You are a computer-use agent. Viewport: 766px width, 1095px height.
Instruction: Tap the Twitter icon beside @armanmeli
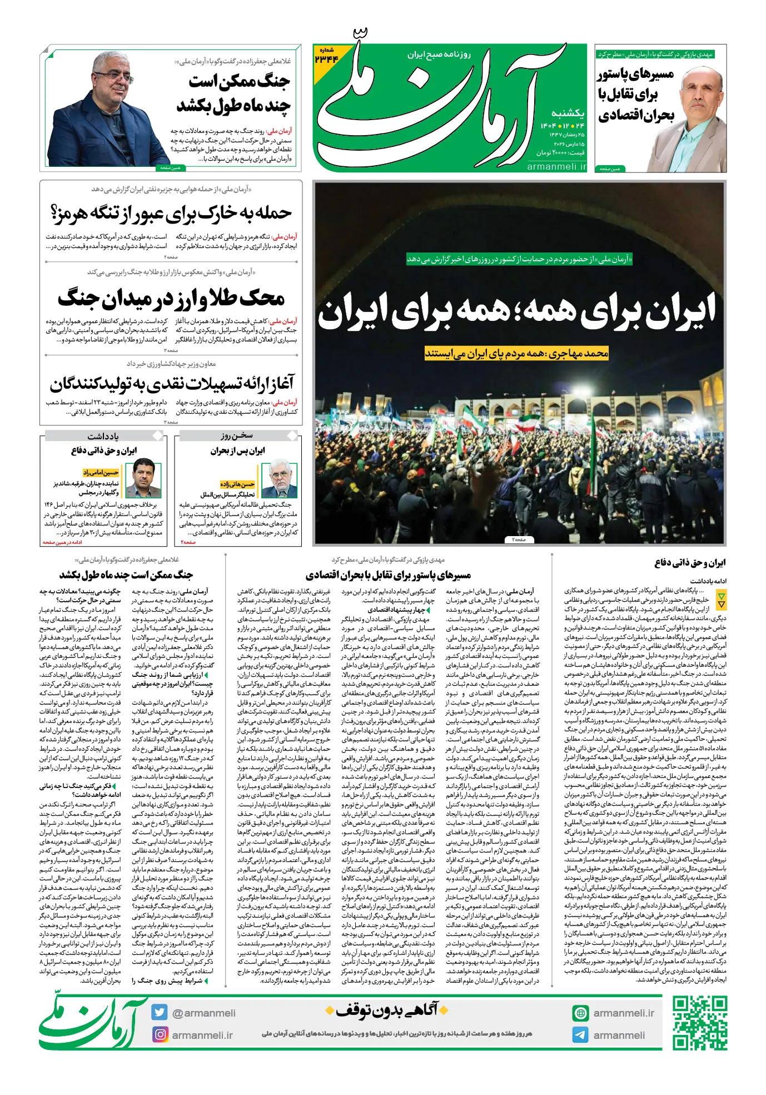point(160,1012)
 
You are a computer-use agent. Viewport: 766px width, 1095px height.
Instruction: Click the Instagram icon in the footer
point(160,1034)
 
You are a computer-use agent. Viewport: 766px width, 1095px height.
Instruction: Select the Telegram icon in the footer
point(580,1034)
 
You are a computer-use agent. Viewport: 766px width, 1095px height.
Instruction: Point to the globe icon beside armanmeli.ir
point(580,1013)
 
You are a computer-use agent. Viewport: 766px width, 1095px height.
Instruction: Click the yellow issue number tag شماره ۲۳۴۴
point(326,56)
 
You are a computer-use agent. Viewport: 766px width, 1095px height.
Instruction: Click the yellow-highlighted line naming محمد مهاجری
point(516,353)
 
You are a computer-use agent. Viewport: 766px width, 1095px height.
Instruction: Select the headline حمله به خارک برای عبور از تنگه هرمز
point(171,212)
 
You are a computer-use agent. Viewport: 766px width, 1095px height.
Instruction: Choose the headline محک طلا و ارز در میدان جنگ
point(171,298)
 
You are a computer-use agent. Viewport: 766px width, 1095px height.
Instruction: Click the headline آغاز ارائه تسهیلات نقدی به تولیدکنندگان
point(171,383)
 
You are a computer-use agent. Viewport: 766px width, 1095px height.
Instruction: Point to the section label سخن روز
point(237,435)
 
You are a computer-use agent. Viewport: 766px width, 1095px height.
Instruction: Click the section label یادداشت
point(103,436)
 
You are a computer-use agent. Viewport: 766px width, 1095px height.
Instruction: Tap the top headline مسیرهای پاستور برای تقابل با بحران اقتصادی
point(636,95)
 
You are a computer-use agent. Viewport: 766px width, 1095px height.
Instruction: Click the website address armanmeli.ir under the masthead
point(556,166)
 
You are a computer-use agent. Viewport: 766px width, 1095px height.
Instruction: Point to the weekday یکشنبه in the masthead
point(568,113)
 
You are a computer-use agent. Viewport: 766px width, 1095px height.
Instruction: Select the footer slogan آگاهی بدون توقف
point(386,1010)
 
